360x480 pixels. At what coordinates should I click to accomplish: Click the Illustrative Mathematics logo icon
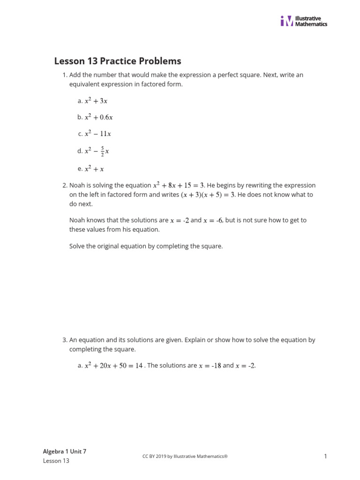[x=286, y=21]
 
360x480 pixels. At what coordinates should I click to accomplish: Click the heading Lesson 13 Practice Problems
[x=118, y=61]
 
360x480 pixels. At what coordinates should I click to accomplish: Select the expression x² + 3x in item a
[x=96, y=101]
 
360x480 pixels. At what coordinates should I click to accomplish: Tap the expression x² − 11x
[x=97, y=134]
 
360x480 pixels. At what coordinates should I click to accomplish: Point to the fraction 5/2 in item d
[x=103, y=151]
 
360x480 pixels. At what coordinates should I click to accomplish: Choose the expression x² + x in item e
[x=94, y=169]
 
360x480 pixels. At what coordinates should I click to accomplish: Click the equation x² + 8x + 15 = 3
[x=179, y=186]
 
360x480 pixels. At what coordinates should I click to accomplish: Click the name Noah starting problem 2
[x=77, y=186]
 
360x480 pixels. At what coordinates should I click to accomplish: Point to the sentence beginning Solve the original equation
[x=146, y=246]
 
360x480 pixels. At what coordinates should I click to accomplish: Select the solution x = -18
[x=210, y=366]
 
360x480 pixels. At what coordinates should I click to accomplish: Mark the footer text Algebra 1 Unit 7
[x=65, y=451]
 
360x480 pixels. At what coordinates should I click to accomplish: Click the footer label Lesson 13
[x=56, y=461]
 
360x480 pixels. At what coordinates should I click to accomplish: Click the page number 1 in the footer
[x=325, y=456]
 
